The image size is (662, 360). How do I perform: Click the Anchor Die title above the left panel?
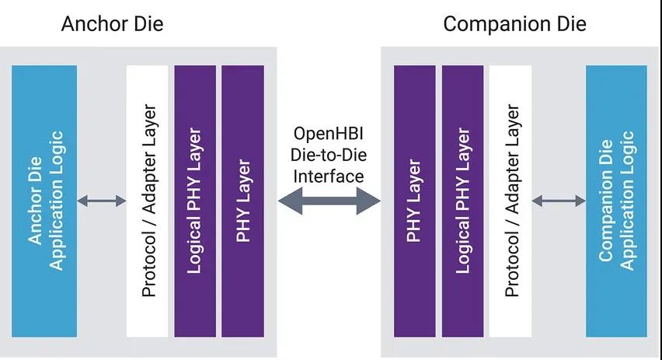[x=113, y=23]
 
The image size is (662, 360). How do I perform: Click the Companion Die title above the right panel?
[x=514, y=23]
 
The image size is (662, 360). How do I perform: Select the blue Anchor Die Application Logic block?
[x=44, y=201]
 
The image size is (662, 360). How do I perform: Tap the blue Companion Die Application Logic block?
[x=616, y=201]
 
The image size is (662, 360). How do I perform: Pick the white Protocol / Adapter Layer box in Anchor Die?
[x=148, y=201]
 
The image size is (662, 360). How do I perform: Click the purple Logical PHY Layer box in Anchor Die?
[x=195, y=201]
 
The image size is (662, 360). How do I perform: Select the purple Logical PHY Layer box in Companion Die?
[x=462, y=201]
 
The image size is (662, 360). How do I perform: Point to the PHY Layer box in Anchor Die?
[x=242, y=201]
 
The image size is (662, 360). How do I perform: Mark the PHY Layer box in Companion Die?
[x=414, y=201]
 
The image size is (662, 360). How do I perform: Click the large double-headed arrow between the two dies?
[x=329, y=201]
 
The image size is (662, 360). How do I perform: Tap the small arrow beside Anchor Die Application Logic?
[x=102, y=201]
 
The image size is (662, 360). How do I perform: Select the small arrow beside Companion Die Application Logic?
[x=559, y=201]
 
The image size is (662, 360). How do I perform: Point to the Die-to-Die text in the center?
[x=329, y=156]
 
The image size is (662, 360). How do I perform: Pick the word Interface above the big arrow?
[x=329, y=176]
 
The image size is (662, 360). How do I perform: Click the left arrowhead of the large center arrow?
[x=289, y=201]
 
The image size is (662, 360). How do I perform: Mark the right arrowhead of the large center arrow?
[x=370, y=201]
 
